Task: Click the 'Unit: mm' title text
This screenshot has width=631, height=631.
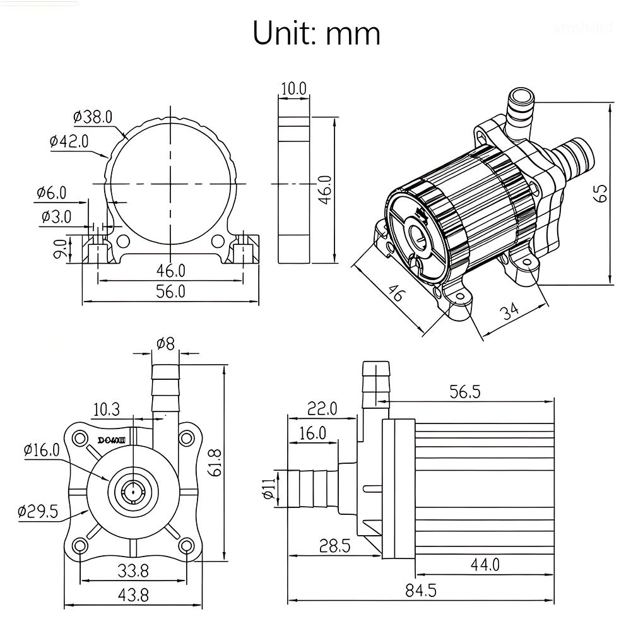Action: point(316,33)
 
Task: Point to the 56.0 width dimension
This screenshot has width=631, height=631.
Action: point(171,291)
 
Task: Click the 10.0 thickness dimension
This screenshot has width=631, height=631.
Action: point(293,88)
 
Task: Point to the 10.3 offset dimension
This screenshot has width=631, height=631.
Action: point(106,410)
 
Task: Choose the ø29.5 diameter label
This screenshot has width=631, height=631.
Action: point(38,511)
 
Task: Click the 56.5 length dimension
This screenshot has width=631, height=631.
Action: point(465,392)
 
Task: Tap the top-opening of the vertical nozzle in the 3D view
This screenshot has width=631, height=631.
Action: point(521,97)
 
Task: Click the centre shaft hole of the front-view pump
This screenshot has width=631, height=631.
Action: point(133,490)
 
